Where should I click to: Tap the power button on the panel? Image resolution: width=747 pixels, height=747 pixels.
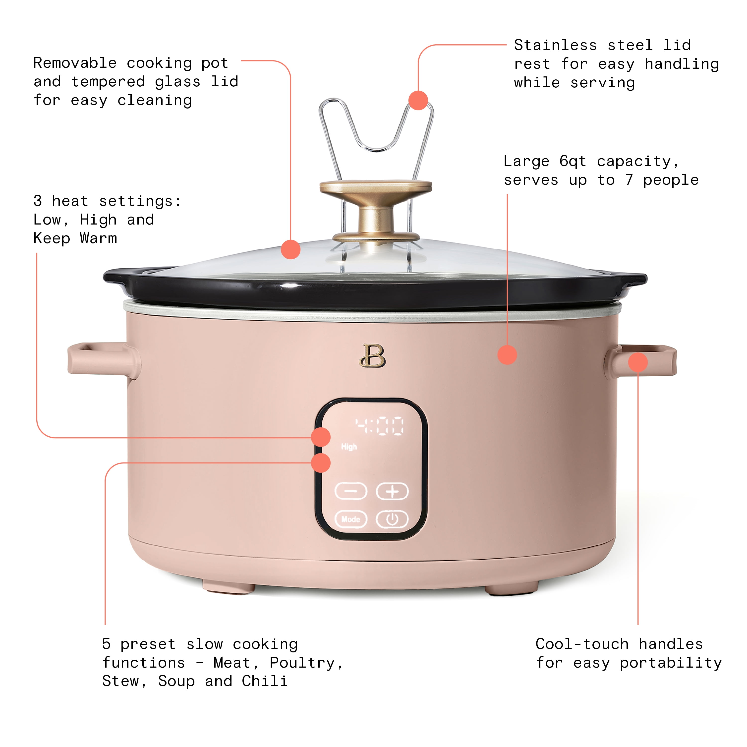(x=392, y=519)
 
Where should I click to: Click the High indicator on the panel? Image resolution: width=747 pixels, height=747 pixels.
(x=349, y=447)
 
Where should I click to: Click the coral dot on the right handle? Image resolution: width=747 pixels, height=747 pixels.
(x=637, y=362)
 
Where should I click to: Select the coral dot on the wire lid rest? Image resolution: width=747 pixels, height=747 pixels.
(x=418, y=101)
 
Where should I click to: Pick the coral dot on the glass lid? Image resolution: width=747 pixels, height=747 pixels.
(x=291, y=249)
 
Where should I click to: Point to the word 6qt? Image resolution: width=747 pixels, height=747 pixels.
(x=573, y=162)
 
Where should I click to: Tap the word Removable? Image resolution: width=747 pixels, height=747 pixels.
(x=75, y=63)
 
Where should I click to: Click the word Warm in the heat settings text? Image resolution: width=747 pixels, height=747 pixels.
(x=98, y=238)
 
